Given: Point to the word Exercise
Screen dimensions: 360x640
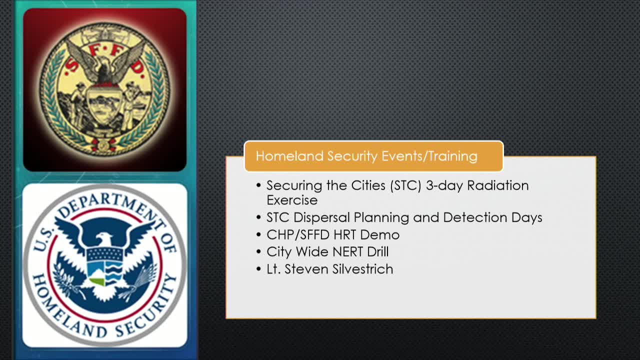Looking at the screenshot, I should pos(292,200).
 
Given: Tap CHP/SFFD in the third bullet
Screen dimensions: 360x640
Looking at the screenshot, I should pos(298,234).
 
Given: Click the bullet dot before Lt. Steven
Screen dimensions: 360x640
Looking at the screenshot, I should pos(258,269).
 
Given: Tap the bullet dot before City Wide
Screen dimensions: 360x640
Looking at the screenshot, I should pos(258,252).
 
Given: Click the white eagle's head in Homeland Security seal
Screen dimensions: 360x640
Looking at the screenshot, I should pos(104,237).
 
